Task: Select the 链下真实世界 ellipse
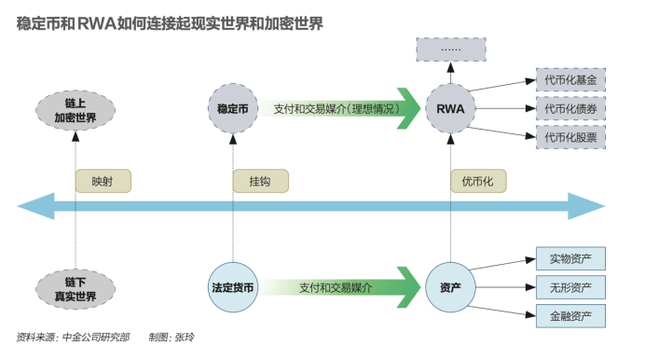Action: (75, 289)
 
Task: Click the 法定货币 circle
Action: (231, 288)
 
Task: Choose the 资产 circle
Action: (450, 288)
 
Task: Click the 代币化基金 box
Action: (571, 80)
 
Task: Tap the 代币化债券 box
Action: (571, 108)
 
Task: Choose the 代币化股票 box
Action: (571, 137)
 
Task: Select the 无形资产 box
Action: (571, 286)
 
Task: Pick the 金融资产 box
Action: (571, 315)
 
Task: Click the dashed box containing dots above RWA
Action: (451, 48)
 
